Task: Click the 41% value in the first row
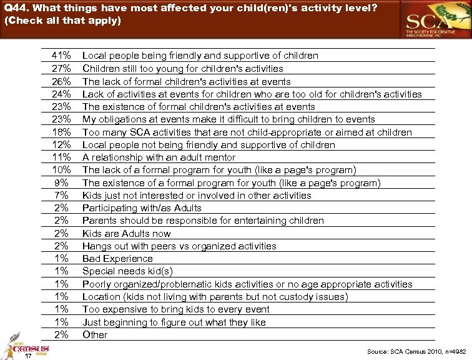[x=61, y=56]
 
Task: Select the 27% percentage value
[x=61, y=68]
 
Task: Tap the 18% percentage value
[x=61, y=132]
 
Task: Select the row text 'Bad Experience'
[x=117, y=259]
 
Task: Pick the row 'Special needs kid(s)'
[x=127, y=271]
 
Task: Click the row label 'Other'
[x=95, y=334]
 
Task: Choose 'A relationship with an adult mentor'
[x=159, y=157]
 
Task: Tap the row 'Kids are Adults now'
[x=126, y=233]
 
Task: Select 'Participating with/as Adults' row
[x=142, y=208]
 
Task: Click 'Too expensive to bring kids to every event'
[x=175, y=309]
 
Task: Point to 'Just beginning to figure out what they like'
[x=174, y=322]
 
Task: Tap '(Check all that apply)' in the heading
[x=62, y=20]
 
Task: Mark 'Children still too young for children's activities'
[x=182, y=68]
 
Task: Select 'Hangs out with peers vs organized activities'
[x=179, y=246]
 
